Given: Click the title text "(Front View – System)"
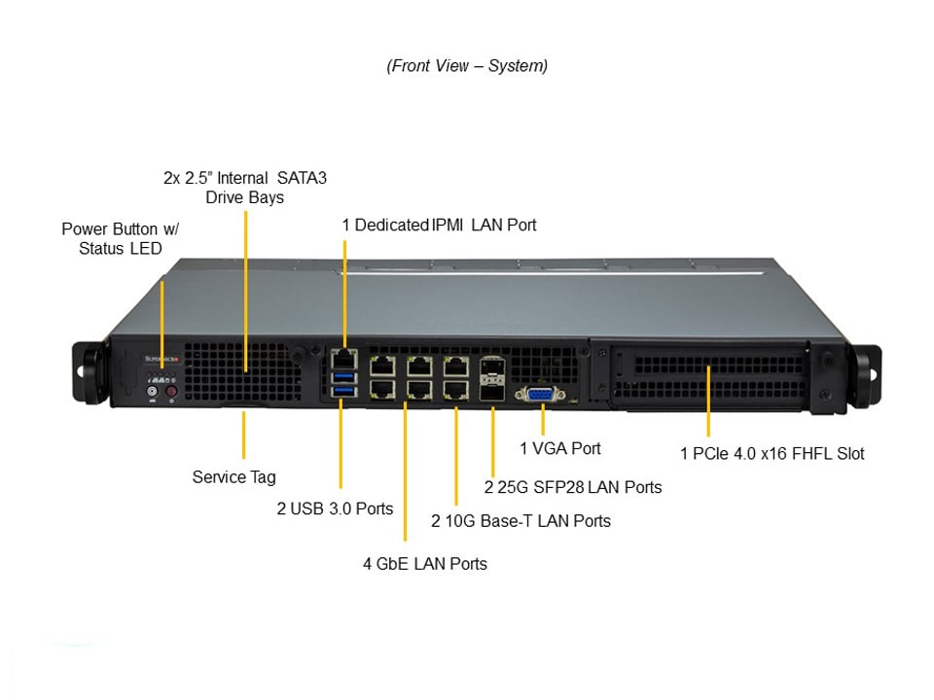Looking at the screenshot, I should coord(467,66).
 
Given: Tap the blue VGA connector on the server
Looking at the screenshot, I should coord(541,394).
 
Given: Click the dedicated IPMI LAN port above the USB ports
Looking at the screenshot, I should coord(342,358).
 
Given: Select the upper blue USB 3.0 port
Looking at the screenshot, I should coord(342,376).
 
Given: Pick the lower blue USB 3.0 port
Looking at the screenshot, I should coord(342,391).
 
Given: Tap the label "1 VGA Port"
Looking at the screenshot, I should coord(559,448).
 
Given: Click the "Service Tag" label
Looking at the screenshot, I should coord(233,477).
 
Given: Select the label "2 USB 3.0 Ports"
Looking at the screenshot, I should coord(335,508).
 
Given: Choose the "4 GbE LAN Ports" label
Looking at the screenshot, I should coord(425,563).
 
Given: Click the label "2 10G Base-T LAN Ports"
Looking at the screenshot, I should coord(521,521).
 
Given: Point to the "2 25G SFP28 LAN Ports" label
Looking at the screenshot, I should coord(573,487).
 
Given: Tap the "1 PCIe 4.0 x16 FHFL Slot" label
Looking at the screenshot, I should coord(772,453).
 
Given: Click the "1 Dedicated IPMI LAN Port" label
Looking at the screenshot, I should coord(439,225).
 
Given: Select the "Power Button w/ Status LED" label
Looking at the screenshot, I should coord(121,238).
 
